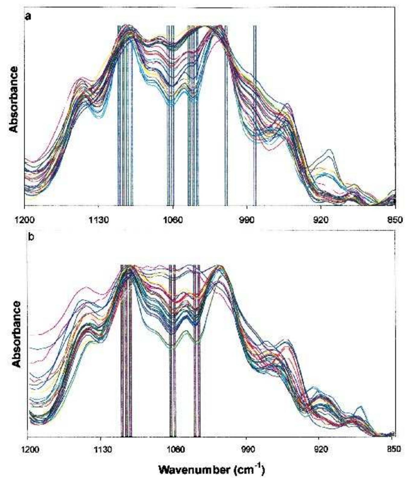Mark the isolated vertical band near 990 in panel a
255,115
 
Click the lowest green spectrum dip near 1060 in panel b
172,348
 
